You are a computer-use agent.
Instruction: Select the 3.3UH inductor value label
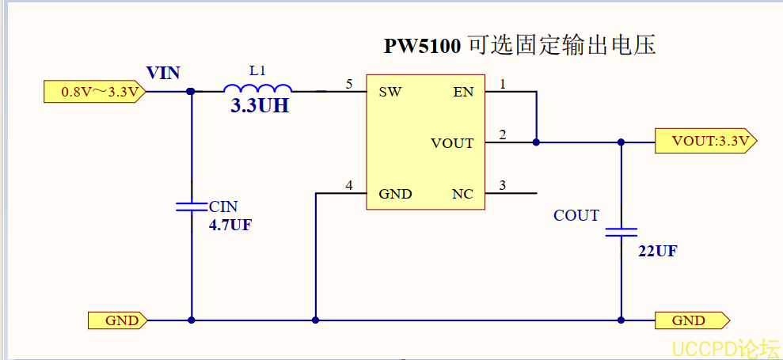pos(260,107)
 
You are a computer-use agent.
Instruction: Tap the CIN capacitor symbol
pos(192,207)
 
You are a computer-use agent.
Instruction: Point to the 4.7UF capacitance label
pos(230,225)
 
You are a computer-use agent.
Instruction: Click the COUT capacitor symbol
pos(621,233)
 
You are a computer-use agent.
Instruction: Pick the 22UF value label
pos(658,252)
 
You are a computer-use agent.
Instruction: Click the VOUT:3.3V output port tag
pos(705,142)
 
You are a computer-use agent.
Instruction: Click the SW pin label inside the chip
pos(390,92)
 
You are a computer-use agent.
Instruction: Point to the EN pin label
pos(463,92)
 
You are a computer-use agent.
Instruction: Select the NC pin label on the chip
pos(462,194)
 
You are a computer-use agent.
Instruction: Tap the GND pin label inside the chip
pos(395,194)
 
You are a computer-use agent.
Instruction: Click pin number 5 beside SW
pos(349,84)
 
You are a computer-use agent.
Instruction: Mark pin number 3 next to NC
pos(502,186)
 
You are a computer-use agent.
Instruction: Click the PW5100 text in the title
pos(422,46)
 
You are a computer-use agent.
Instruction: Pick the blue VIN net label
pos(163,74)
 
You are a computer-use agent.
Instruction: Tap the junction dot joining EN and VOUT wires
pos(537,142)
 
